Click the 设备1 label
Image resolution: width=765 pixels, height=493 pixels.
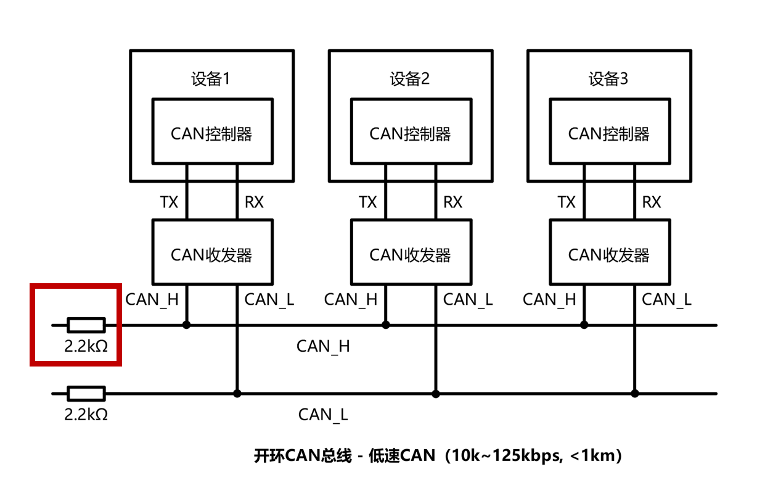(210, 79)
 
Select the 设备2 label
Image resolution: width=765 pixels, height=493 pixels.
(409, 79)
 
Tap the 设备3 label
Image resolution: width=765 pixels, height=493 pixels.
(608, 79)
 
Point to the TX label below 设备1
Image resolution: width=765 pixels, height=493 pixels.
(169, 202)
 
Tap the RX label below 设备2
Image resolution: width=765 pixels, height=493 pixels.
(452, 202)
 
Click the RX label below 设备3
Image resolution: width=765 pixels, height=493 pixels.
(652, 202)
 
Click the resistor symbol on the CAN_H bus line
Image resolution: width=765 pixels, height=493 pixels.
(86, 325)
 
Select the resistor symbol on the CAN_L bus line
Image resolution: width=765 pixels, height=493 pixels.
(86, 394)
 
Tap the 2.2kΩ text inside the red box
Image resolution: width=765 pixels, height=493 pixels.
(86, 346)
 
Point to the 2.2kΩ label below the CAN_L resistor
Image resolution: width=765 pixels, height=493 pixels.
(86, 415)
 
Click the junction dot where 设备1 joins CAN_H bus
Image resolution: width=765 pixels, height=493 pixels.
(186, 325)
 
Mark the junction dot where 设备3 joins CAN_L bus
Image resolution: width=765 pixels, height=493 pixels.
(634, 394)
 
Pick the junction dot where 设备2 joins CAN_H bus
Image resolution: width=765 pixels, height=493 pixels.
(385, 325)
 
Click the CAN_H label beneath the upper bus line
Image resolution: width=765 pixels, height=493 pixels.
(323, 346)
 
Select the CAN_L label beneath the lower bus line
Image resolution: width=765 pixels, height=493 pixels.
(323, 415)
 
